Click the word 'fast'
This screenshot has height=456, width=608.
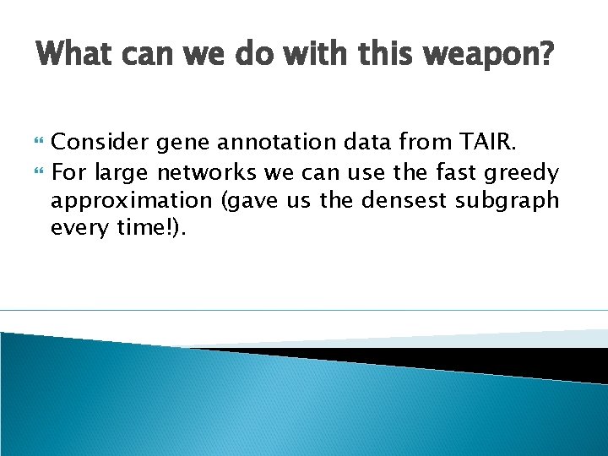click(457, 173)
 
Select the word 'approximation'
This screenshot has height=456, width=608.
click(132, 202)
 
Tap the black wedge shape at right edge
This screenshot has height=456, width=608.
click(507, 359)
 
